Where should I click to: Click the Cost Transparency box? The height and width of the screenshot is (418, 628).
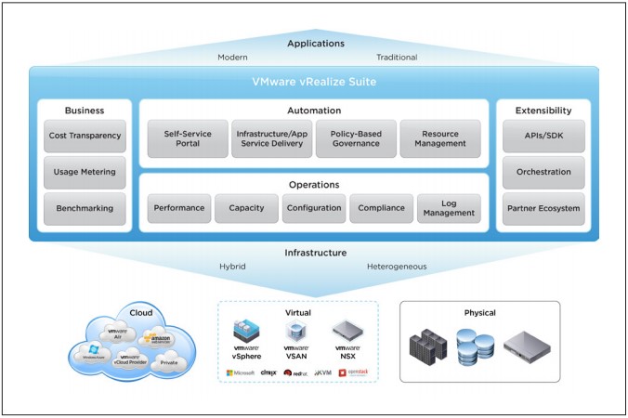pos(85,136)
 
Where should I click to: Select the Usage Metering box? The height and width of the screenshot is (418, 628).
pos(85,172)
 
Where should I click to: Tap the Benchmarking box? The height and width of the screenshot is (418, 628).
pos(85,208)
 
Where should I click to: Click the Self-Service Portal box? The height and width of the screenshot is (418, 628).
pos(188,138)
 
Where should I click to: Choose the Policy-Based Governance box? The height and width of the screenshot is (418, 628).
pos(356,138)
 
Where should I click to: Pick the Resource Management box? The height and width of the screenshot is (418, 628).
pos(440,138)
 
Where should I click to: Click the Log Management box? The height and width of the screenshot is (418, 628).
pos(449,208)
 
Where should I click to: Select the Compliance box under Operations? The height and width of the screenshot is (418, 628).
pos(382,208)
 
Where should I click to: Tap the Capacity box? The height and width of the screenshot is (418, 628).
pos(246,208)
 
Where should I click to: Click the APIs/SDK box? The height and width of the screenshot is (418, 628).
pos(543,136)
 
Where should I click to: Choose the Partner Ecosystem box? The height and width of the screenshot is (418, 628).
pos(543,208)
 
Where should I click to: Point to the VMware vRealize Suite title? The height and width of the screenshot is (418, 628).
pos(313,82)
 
